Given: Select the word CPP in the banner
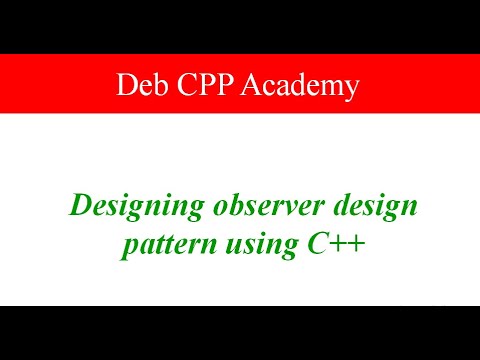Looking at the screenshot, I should [x=204, y=87].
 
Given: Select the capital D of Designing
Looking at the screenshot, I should [x=78, y=208].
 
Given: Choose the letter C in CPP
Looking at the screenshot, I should [x=180, y=87].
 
